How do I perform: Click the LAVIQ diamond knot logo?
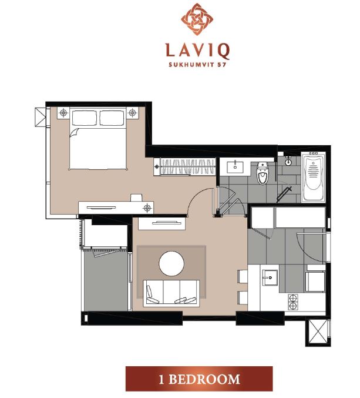197,19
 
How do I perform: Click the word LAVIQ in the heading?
197,51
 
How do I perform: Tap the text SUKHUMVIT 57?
197,65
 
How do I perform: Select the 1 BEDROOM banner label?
199,379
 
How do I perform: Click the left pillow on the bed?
85,118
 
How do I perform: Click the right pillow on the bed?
112,118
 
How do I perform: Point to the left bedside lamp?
63,112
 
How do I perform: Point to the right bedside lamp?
132,112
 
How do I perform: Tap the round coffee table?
171,263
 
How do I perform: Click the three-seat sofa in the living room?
171,293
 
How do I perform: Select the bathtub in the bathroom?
314,177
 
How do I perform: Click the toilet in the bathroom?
263,173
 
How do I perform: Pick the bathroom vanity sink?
235,166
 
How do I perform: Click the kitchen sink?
270,277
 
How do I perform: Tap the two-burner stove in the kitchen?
293,302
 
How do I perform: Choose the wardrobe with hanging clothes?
184,166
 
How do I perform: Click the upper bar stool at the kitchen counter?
243,276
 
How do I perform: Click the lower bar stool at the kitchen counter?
243,297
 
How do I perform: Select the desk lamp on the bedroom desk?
147,208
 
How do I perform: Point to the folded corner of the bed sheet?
73,133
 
